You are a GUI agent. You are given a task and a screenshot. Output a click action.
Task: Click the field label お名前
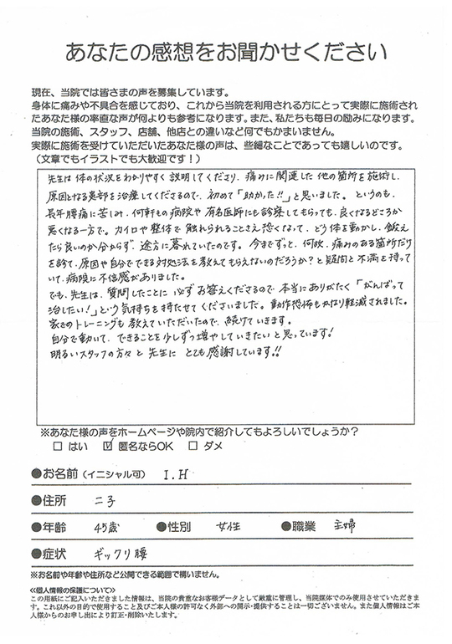pos(61,474)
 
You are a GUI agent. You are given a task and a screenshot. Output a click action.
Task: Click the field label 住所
pos(54,501)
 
